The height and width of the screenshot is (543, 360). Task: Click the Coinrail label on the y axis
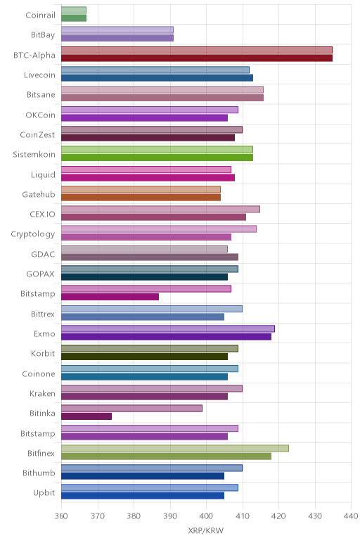[x=40, y=15]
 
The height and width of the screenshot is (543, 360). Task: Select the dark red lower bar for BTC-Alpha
[x=197, y=58]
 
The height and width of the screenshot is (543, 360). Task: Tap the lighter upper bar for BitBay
[x=117, y=30]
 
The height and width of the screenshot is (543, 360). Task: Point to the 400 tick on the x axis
[x=206, y=516]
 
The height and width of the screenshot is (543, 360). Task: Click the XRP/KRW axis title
[x=205, y=530]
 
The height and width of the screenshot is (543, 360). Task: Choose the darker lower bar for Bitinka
[x=86, y=416]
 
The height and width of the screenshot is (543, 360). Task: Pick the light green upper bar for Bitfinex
[x=175, y=448]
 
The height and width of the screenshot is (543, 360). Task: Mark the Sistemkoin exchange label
[x=34, y=155]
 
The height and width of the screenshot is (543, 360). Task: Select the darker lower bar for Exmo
[x=166, y=337]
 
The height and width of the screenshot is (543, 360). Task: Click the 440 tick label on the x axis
[x=351, y=516]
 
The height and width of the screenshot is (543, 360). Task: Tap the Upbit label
[x=44, y=493]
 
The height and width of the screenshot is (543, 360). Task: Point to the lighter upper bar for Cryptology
[x=159, y=229]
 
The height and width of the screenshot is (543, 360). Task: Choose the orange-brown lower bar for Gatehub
[x=141, y=198]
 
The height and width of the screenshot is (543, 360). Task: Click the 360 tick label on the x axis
[x=61, y=516]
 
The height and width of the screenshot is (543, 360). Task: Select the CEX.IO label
[x=42, y=214]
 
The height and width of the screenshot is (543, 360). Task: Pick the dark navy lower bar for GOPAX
[x=144, y=276]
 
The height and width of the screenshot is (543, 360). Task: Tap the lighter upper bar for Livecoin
[x=155, y=70]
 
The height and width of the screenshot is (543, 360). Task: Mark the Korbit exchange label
[x=43, y=354]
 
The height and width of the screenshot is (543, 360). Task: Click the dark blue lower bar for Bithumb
[x=143, y=475]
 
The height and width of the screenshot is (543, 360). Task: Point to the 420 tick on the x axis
[x=278, y=516]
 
